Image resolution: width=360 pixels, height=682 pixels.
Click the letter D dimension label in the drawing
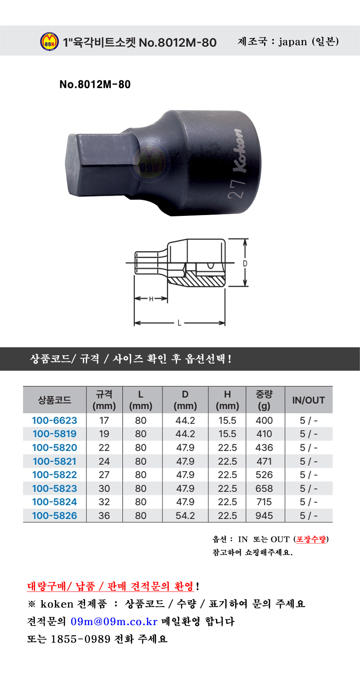[245, 264]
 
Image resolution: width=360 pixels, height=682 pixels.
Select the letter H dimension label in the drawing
[151, 299]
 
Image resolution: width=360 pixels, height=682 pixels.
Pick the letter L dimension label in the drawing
[180, 323]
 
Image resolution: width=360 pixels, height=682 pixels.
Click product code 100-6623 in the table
[54, 420]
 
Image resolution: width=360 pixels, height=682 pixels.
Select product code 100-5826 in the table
[54, 515]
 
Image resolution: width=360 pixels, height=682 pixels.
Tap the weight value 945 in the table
[264, 515]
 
